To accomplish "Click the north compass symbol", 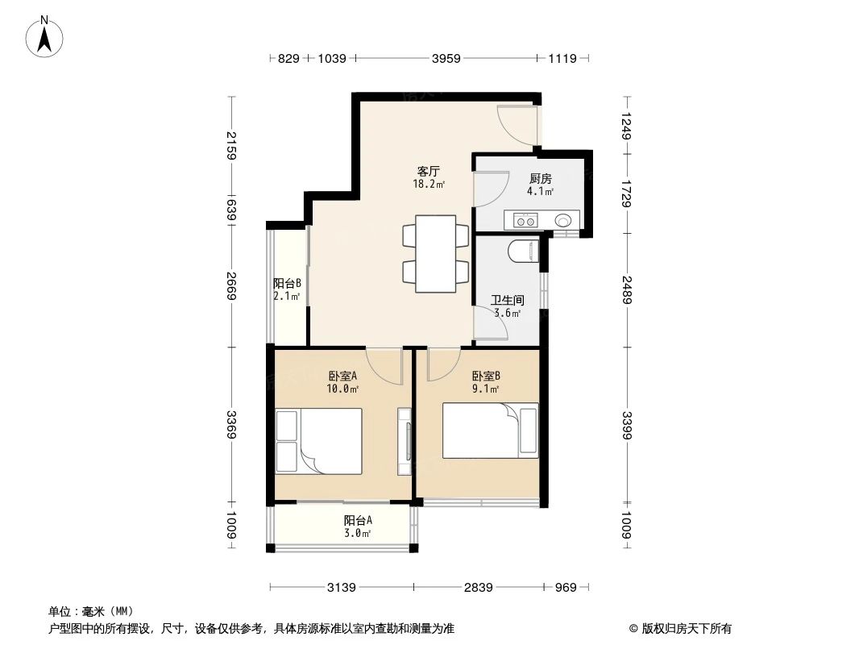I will [x=46, y=35].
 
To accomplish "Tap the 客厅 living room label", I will [x=428, y=172].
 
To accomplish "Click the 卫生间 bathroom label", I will [x=507, y=301].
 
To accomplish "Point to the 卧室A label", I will [x=343, y=376].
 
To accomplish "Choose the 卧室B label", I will [x=486, y=376].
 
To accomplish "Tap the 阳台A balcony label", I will [x=357, y=521].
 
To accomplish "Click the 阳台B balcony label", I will [x=287, y=284].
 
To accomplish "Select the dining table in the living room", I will [x=436, y=254].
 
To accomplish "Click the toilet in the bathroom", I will [x=524, y=252].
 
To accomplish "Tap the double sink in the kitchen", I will [x=526, y=219].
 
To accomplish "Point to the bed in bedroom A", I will [x=319, y=441].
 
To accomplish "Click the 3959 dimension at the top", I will [x=446, y=58].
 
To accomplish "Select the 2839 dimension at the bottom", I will [x=478, y=587].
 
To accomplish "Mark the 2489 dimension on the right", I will [x=626, y=290].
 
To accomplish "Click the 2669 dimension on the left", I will [x=232, y=285].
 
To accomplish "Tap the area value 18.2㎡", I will [x=428, y=184].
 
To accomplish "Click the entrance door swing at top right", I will [x=515, y=125].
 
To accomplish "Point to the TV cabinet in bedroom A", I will [x=405, y=441].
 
